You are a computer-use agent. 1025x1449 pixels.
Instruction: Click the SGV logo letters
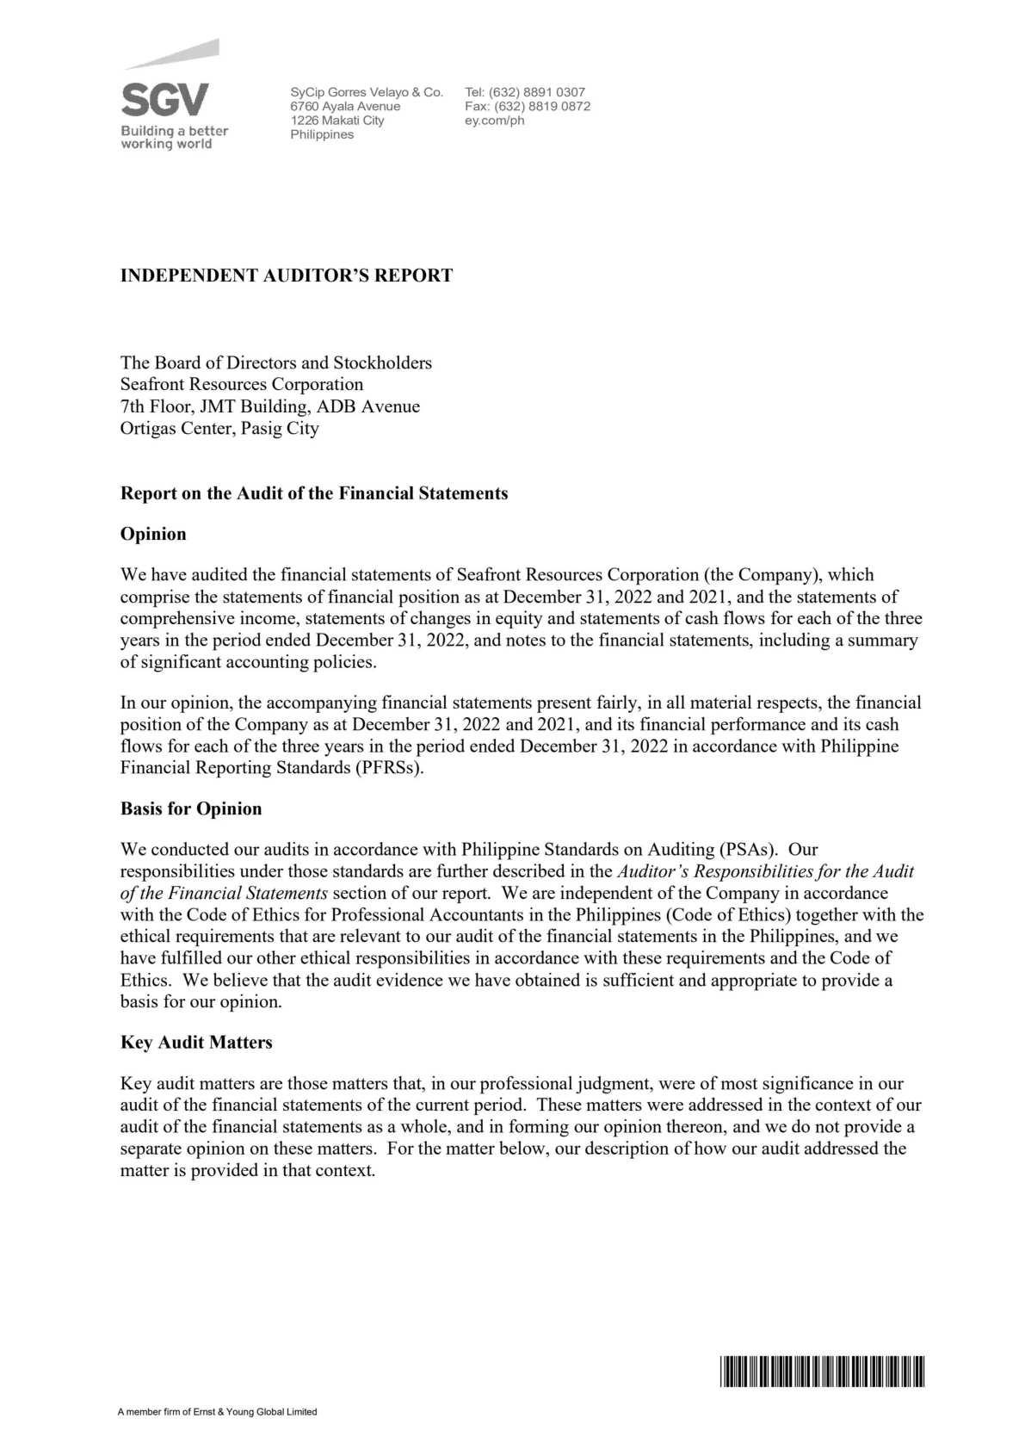(164, 100)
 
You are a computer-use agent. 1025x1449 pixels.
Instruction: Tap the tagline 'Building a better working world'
(174, 138)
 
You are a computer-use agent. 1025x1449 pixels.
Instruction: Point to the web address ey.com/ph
(494, 121)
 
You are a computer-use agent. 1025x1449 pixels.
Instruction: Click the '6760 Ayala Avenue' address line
(345, 106)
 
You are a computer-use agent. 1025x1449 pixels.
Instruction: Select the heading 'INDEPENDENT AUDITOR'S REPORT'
(286, 276)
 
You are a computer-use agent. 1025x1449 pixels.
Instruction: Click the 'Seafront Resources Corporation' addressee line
(242, 384)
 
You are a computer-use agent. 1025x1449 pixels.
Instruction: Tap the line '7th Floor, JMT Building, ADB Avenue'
(270, 406)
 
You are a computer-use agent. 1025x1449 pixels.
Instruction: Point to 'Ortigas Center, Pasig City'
(219, 428)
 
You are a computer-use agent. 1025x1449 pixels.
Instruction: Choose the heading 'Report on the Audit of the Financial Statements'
(314, 493)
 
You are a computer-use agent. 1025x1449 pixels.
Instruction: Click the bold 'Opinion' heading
(153, 534)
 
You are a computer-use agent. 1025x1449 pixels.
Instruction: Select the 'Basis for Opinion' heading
(191, 808)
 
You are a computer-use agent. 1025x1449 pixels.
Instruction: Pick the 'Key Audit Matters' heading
(196, 1042)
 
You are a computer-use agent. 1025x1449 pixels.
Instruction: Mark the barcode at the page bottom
(821, 1371)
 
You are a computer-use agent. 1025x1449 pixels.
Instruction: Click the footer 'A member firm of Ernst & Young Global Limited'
(218, 1412)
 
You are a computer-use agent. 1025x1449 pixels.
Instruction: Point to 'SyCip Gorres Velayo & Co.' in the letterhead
(367, 92)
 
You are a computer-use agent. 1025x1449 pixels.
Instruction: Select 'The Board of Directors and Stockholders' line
(276, 362)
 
